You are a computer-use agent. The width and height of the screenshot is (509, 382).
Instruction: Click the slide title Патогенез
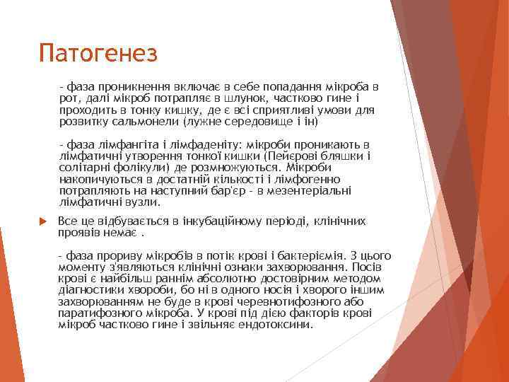pos(98,52)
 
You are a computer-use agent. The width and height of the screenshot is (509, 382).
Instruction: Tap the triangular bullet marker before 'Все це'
pos(41,222)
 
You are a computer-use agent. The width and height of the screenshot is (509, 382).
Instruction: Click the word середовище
pos(247,120)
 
